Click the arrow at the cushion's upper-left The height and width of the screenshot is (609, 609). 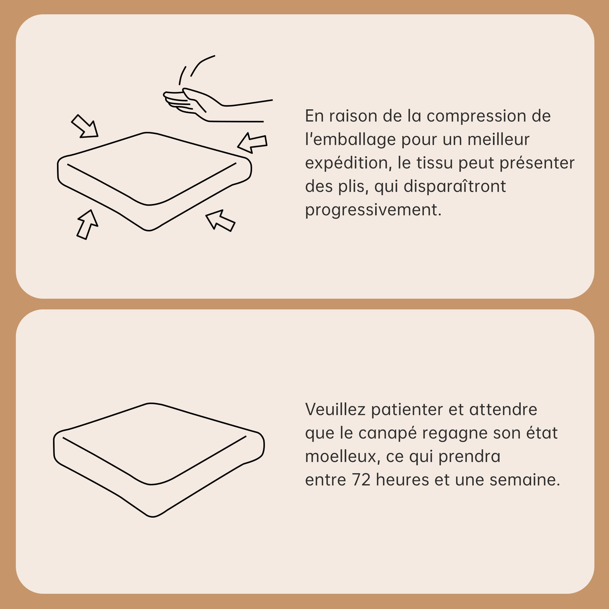pos(85,126)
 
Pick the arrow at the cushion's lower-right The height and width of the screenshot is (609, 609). pos(220,220)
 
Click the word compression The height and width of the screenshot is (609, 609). pos(476,116)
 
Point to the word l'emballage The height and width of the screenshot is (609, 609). pos(351,140)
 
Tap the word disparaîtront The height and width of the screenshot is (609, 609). pos(455,186)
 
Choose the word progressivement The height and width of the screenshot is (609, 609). pos(374,210)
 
